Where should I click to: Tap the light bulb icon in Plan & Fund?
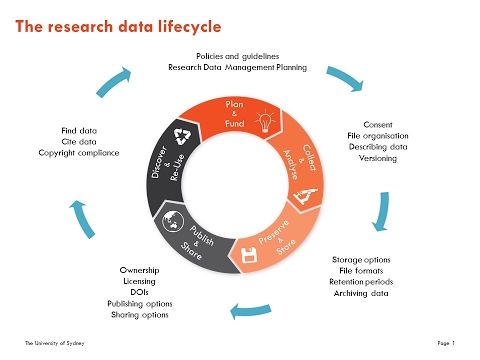(266, 123)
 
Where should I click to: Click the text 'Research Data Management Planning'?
(237, 67)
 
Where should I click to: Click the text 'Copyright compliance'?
(90, 152)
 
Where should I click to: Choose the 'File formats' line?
(363, 270)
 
